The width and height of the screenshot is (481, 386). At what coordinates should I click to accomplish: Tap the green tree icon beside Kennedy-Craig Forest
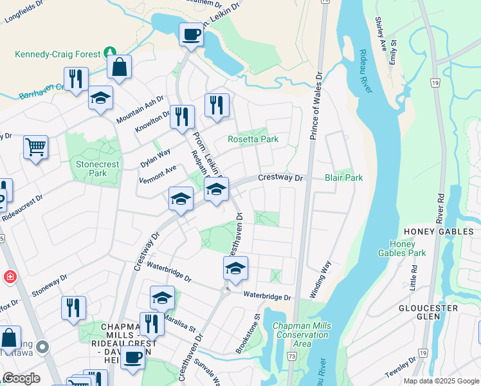(111, 51)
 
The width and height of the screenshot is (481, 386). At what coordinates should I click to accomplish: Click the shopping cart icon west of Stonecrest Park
(36, 147)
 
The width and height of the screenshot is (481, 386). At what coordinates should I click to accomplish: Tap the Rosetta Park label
(253, 139)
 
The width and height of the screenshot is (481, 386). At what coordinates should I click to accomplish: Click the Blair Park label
(343, 178)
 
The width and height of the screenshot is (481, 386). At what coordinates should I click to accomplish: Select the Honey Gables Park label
(408, 248)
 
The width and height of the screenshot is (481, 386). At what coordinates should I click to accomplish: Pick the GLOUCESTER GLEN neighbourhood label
(446, 313)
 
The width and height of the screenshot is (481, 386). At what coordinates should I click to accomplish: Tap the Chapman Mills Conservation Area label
(302, 335)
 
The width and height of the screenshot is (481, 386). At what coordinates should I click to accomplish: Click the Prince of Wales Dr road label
(316, 107)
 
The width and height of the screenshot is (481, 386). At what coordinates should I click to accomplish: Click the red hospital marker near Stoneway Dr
(9, 277)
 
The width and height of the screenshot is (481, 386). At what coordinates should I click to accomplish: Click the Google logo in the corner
(21, 378)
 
